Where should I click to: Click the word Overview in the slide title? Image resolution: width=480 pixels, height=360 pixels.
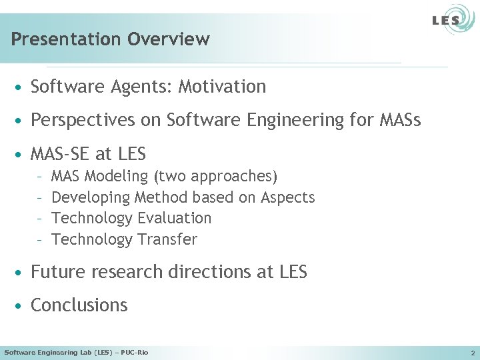[169, 39]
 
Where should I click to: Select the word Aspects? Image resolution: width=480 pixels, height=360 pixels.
[288, 197]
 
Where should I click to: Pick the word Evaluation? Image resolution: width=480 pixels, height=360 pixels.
[174, 218]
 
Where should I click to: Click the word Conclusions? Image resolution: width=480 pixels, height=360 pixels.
[79, 305]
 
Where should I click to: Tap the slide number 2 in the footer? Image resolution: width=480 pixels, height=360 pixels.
[472, 352]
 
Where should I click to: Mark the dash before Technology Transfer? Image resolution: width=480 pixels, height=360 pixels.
[41, 239]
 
